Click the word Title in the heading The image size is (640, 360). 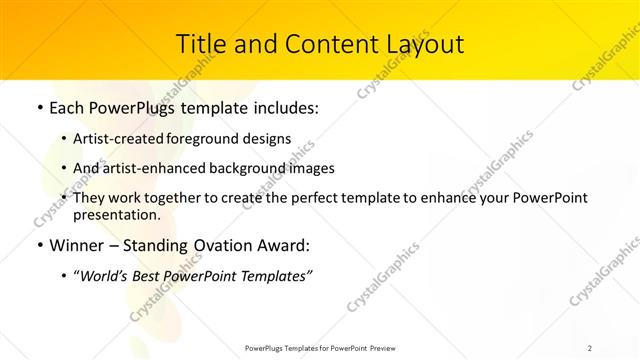click(x=200, y=44)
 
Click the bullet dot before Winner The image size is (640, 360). click(x=39, y=245)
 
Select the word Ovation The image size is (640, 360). click(x=234, y=245)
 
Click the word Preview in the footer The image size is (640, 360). click(x=389, y=349)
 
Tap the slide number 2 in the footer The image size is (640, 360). click(x=591, y=349)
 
